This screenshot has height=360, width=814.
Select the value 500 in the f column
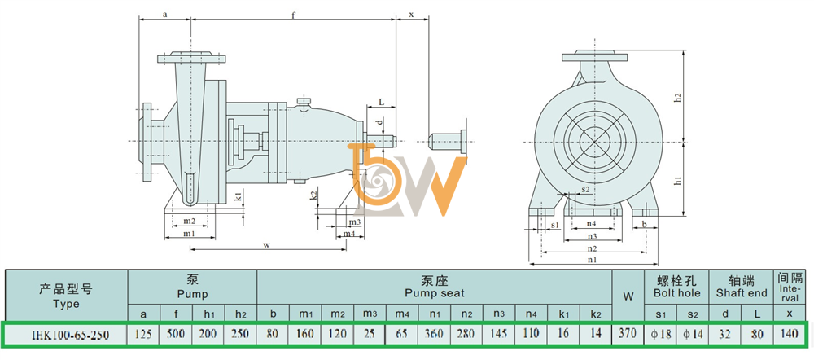(x=176, y=334)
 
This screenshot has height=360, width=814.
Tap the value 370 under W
(x=628, y=334)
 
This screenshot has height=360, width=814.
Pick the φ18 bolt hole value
(x=661, y=334)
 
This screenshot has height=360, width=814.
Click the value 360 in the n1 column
(x=435, y=334)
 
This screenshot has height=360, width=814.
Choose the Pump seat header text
(x=435, y=293)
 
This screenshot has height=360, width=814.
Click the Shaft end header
(x=742, y=293)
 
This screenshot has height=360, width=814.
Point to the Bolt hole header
(x=677, y=293)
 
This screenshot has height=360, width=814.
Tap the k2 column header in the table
(x=596, y=314)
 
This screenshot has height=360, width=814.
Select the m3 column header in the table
(x=370, y=314)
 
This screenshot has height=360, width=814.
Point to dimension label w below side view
(x=267, y=244)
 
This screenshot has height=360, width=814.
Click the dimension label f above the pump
(x=293, y=15)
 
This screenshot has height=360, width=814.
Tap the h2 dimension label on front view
(x=692, y=97)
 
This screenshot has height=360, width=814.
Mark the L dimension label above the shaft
(x=380, y=103)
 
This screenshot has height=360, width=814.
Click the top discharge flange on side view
(x=191, y=58)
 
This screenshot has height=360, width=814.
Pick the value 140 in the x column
(x=789, y=334)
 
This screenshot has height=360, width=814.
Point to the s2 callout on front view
(x=585, y=190)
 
